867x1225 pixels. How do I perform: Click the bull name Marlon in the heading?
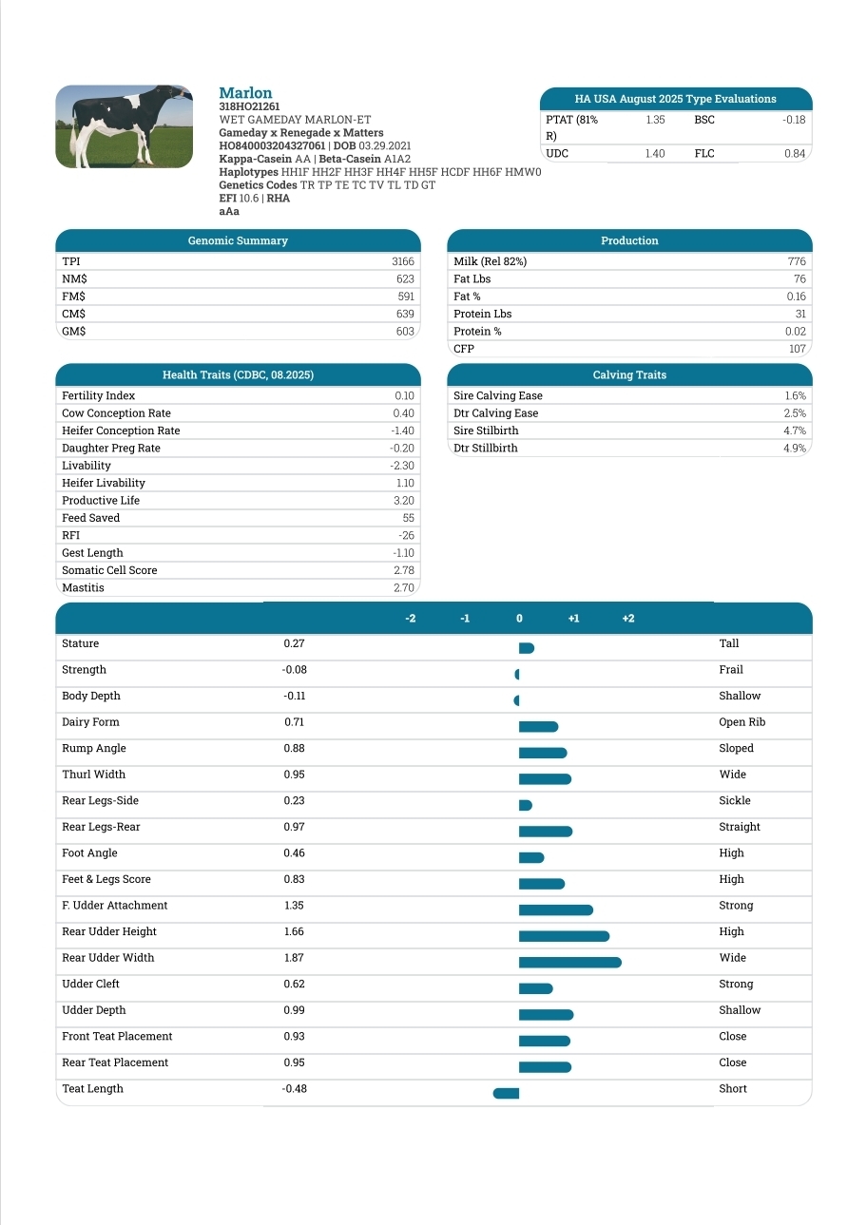pyautogui.click(x=245, y=93)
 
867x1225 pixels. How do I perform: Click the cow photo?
pyautogui.click(x=125, y=126)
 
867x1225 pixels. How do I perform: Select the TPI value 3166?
pyautogui.click(x=403, y=261)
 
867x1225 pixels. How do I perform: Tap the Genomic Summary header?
pyautogui.click(x=238, y=241)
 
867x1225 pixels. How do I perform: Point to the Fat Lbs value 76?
pyautogui.click(x=800, y=279)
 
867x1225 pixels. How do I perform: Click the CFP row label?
pyautogui.click(x=464, y=349)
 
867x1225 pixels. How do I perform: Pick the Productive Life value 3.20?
pyautogui.click(x=403, y=501)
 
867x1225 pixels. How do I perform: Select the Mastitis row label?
pyautogui.click(x=83, y=588)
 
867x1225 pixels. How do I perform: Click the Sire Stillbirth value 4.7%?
pyautogui.click(x=795, y=431)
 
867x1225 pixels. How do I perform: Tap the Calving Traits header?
pyautogui.click(x=629, y=375)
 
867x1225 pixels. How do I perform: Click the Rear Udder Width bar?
pyautogui.click(x=569, y=962)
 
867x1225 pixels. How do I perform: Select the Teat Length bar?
pyautogui.click(x=506, y=1093)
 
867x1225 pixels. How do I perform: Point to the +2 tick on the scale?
pyautogui.click(x=628, y=619)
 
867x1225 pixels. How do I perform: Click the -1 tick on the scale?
pyautogui.click(x=465, y=619)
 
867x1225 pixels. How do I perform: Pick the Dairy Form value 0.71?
pyautogui.click(x=294, y=722)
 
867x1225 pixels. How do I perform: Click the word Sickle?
pyautogui.click(x=735, y=801)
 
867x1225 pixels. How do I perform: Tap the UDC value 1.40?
pyautogui.click(x=655, y=154)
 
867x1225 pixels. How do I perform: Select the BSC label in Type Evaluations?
pyautogui.click(x=704, y=120)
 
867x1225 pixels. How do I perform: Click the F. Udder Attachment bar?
pyautogui.click(x=555, y=909)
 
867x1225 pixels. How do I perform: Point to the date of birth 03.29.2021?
pyautogui.click(x=385, y=145)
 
